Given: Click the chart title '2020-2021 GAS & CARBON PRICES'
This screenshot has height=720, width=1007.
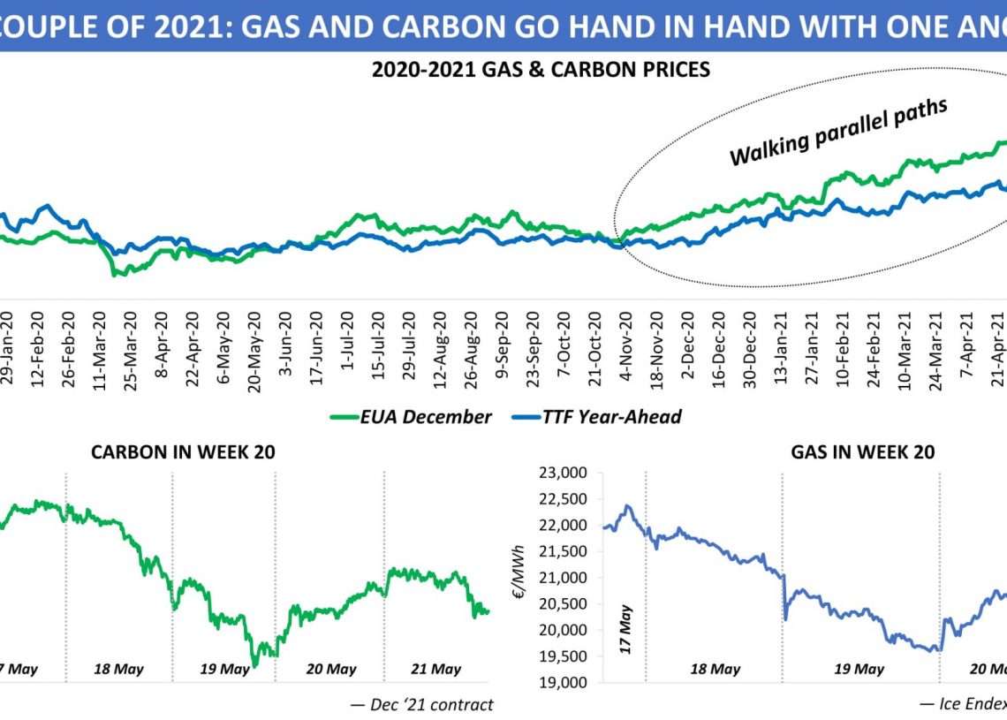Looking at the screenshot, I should [x=541, y=69].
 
